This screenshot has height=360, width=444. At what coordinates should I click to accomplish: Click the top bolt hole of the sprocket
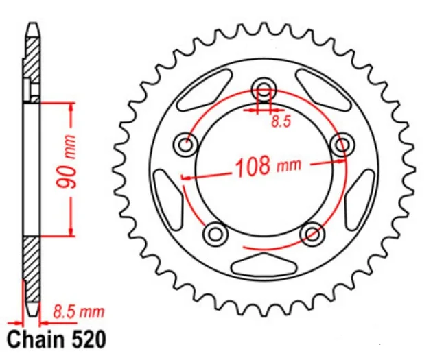click(264, 88)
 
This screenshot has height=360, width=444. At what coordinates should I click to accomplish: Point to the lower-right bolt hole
click(312, 235)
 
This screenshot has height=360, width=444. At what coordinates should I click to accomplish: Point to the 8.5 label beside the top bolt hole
click(279, 123)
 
